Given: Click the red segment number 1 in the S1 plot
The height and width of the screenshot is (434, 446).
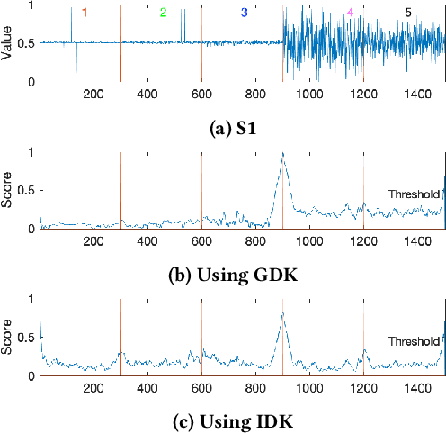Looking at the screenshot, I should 85,13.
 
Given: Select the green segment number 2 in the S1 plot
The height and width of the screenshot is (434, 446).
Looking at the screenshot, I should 163,13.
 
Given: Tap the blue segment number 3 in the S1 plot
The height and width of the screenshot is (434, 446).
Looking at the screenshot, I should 244,13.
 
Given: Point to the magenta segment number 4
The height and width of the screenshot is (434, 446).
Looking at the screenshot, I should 350,13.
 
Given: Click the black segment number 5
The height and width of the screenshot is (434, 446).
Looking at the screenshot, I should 409,13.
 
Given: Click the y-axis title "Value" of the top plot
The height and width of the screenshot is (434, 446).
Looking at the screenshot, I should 7,43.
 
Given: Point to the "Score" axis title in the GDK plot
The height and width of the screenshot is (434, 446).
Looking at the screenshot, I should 7,190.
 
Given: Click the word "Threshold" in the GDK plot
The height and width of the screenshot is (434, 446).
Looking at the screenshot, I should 415,194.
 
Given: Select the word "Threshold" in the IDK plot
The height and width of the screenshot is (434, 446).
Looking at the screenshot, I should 415,341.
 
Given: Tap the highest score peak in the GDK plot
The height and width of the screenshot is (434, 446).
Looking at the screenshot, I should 283,154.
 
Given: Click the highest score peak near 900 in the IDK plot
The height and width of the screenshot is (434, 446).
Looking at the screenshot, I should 283,312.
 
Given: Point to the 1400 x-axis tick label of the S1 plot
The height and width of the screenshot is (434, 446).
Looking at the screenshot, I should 418,94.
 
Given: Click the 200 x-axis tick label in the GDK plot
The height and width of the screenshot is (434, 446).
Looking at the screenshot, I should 94,240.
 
